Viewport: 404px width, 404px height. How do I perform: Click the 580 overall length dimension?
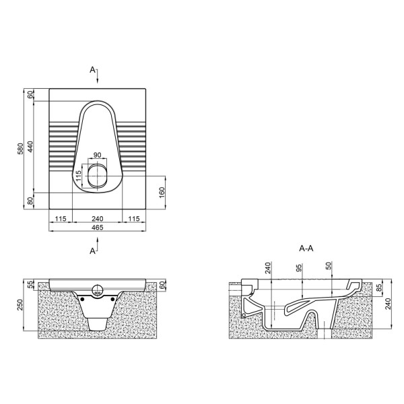(20, 149)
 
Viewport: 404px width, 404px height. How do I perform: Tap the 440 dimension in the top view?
(30, 147)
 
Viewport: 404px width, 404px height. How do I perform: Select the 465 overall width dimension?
(98, 228)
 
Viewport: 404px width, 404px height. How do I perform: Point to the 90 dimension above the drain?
(97, 155)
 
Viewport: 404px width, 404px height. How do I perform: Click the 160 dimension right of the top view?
(162, 193)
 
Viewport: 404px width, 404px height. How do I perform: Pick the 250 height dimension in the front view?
(20, 304)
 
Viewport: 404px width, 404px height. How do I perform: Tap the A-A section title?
(306, 248)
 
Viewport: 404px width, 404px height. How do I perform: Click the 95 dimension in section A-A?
(298, 268)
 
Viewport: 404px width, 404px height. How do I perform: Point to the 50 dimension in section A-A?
(329, 266)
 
